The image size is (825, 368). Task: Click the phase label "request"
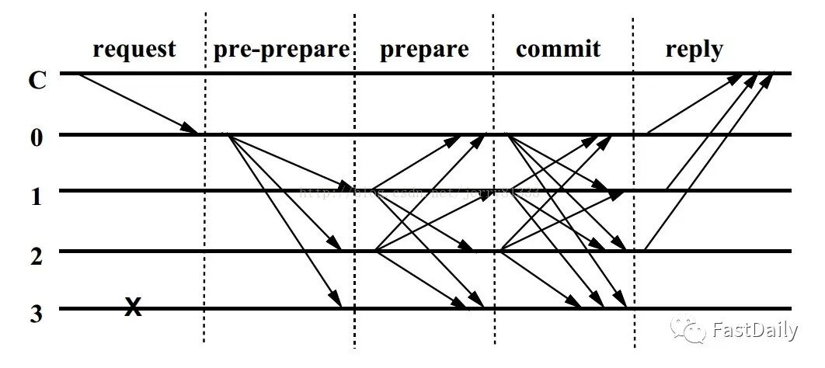[x=134, y=50]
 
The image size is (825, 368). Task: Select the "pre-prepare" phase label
[x=281, y=50]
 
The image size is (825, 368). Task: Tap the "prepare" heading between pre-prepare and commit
[x=424, y=50]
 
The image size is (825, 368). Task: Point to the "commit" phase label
[x=558, y=50]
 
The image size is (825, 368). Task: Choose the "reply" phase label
[x=694, y=50]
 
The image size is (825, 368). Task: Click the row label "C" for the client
[x=37, y=80]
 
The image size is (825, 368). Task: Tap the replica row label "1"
[x=37, y=196]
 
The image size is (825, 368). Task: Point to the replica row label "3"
[x=37, y=314]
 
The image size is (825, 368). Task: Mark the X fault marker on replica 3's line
[x=134, y=308]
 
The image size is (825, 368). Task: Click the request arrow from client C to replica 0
[x=138, y=104]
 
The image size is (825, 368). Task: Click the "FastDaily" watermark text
[x=754, y=331]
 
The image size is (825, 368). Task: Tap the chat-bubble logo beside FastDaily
[x=689, y=330]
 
